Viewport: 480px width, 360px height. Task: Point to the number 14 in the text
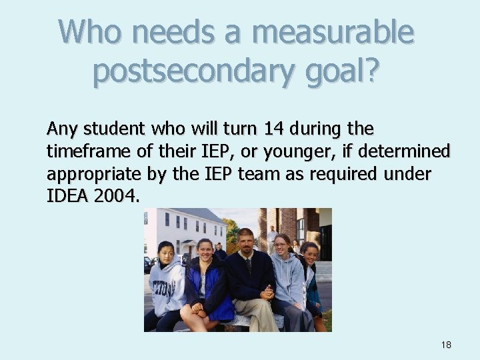pyautogui.click(x=295, y=127)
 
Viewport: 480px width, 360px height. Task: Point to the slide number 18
pyautogui.click(x=446, y=345)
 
